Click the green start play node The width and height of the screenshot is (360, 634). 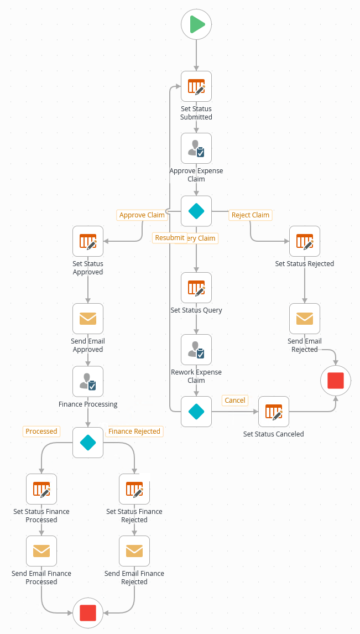click(x=196, y=24)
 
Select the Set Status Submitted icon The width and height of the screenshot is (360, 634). click(x=196, y=86)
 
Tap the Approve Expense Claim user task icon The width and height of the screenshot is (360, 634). click(x=196, y=148)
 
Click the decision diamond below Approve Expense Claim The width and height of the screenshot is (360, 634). click(x=196, y=211)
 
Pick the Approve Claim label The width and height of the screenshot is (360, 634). click(x=142, y=215)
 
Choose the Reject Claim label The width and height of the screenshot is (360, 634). click(x=251, y=215)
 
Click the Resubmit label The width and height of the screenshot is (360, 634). click(x=170, y=238)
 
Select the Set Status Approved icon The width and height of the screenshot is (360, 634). click(x=88, y=241)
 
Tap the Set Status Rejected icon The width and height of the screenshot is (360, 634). click(x=305, y=241)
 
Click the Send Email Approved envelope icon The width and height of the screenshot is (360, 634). click(x=88, y=319)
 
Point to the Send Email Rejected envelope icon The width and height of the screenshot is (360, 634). click(x=305, y=319)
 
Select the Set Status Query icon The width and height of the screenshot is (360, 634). click(x=196, y=288)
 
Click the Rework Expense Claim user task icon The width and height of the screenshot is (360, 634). click(x=196, y=350)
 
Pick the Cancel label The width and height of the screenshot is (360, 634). click(x=235, y=401)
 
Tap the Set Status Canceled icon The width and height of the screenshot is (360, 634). click(x=274, y=412)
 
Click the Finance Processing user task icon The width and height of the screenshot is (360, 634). click(x=88, y=382)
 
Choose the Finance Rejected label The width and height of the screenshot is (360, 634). click(x=134, y=432)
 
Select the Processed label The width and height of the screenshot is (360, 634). click(x=41, y=432)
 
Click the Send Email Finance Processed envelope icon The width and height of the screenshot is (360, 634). click(x=41, y=551)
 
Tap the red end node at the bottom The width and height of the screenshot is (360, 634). click(x=88, y=612)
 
